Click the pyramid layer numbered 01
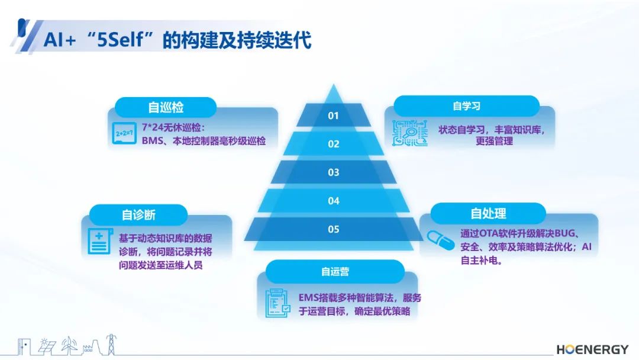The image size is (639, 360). (x=333, y=115)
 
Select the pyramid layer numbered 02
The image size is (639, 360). (x=333, y=143)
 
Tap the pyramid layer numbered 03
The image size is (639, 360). (x=333, y=172)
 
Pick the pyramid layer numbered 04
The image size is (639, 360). (x=333, y=201)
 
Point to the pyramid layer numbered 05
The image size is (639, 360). (x=333, y=229)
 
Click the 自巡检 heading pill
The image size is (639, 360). (x=166, y=108)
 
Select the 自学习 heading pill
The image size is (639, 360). (x=467, y=106)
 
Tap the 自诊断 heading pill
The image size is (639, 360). (x=138, y=215)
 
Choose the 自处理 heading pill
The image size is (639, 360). (x=488, y=213)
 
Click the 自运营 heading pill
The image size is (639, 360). (x=335, y=272)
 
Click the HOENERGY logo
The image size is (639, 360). (x=592, y=349)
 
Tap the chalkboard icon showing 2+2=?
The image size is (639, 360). (x=124, y=133)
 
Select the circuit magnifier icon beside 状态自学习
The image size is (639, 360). (x=410, y=133)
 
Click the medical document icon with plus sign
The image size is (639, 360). (x=100, y=241)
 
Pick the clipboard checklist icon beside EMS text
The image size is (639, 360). (x=278, y=303)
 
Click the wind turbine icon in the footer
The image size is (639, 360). (x=70, y=345)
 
